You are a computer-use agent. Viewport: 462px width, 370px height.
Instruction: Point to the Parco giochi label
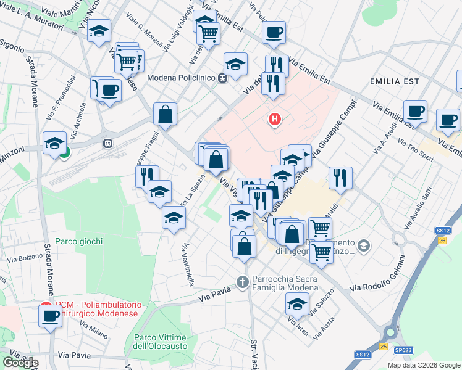pos(78,241)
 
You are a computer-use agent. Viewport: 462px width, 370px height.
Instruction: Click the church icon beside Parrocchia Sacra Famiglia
pos(243,282)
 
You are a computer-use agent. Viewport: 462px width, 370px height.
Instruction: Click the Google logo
pos(20,362)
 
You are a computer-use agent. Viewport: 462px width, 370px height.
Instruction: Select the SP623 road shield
pos(404,350)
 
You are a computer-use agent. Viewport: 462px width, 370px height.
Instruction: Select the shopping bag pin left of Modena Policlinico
pos(165,114)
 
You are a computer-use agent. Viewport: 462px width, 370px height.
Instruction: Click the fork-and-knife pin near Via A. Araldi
pos(340,178)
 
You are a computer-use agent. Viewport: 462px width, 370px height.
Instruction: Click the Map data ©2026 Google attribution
pos(424,365)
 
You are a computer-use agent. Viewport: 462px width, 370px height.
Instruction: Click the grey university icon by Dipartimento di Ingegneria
pos(364,246)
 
